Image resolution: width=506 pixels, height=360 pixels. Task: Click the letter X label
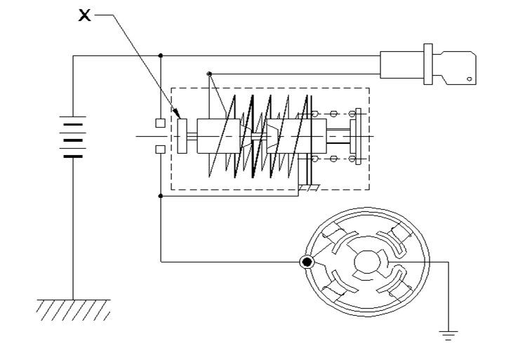(x=84, y=15)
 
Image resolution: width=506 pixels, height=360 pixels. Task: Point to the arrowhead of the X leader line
(x=178, y=114)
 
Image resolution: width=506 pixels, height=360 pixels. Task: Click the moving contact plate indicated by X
(x=182, y=136)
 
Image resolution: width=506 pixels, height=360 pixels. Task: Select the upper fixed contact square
(x=161, y=123)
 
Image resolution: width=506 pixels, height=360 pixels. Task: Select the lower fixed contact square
(x=161, y=149)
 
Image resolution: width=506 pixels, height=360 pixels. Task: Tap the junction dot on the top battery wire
(x=161, y=56)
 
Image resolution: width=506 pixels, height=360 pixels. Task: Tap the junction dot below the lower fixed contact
(x=161, y=196)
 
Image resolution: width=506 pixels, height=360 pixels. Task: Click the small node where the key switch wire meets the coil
(x=209, y=74)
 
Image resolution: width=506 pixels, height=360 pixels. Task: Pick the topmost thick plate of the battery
(x=73, y=124)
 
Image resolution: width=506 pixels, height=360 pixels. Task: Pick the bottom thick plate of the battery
(x=73, y=156)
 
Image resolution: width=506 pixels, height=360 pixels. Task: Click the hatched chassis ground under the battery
(x=74, y=310)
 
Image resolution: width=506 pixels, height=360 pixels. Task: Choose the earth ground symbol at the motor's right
(x=448, y=335)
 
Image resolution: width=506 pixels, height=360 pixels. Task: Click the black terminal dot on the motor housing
(x=307, y=262)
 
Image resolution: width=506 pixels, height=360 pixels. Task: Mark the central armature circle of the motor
(x=367, y=262)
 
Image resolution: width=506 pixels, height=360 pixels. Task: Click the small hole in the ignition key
(x=470, y=79)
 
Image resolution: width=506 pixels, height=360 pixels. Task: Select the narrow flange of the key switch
(x=428, y=64)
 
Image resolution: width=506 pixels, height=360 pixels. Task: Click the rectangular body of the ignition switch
(x=401, y=65)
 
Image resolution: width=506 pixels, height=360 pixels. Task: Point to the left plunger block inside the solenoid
(x=218, y=136)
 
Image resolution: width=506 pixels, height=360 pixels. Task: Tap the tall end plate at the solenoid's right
(x=358, y=136)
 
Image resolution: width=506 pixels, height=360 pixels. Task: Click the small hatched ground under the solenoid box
(x=309, y=188)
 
